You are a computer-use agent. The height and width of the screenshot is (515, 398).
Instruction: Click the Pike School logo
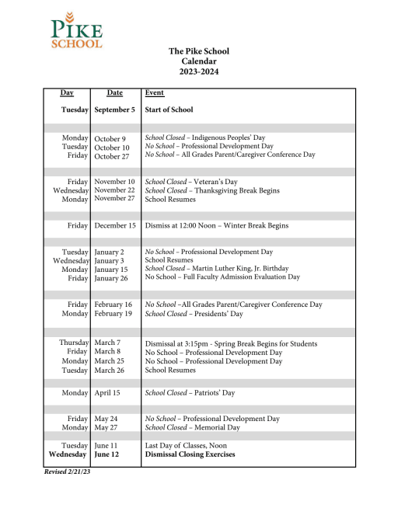76,30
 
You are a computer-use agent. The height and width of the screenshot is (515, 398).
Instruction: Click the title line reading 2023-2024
199,72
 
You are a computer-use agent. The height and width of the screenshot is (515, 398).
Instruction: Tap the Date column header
115,93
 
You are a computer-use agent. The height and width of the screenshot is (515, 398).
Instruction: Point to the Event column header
155,93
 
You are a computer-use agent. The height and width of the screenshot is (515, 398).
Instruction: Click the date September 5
115,110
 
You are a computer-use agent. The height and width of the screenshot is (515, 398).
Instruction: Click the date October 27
112,155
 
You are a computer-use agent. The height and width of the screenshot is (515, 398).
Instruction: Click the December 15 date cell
115,225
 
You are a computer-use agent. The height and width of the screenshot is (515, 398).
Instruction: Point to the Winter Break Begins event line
217,225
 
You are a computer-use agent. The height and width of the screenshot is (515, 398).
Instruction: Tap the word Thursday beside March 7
74,343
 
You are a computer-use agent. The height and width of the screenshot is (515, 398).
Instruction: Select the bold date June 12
108,454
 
